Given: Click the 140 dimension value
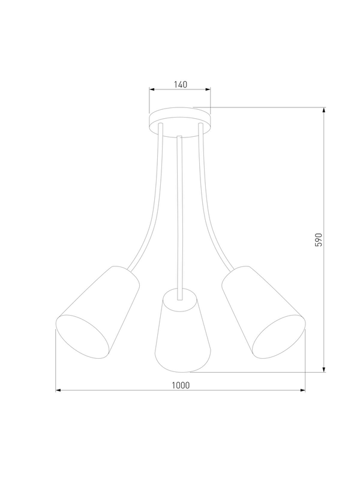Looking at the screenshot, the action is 181,84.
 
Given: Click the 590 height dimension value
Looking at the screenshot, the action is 319,240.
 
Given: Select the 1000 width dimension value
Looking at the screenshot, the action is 181,385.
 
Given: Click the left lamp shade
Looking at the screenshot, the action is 98,312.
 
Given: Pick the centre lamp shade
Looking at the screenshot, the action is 182,331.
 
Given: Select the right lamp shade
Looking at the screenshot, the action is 263,312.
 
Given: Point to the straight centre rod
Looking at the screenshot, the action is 180,218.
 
